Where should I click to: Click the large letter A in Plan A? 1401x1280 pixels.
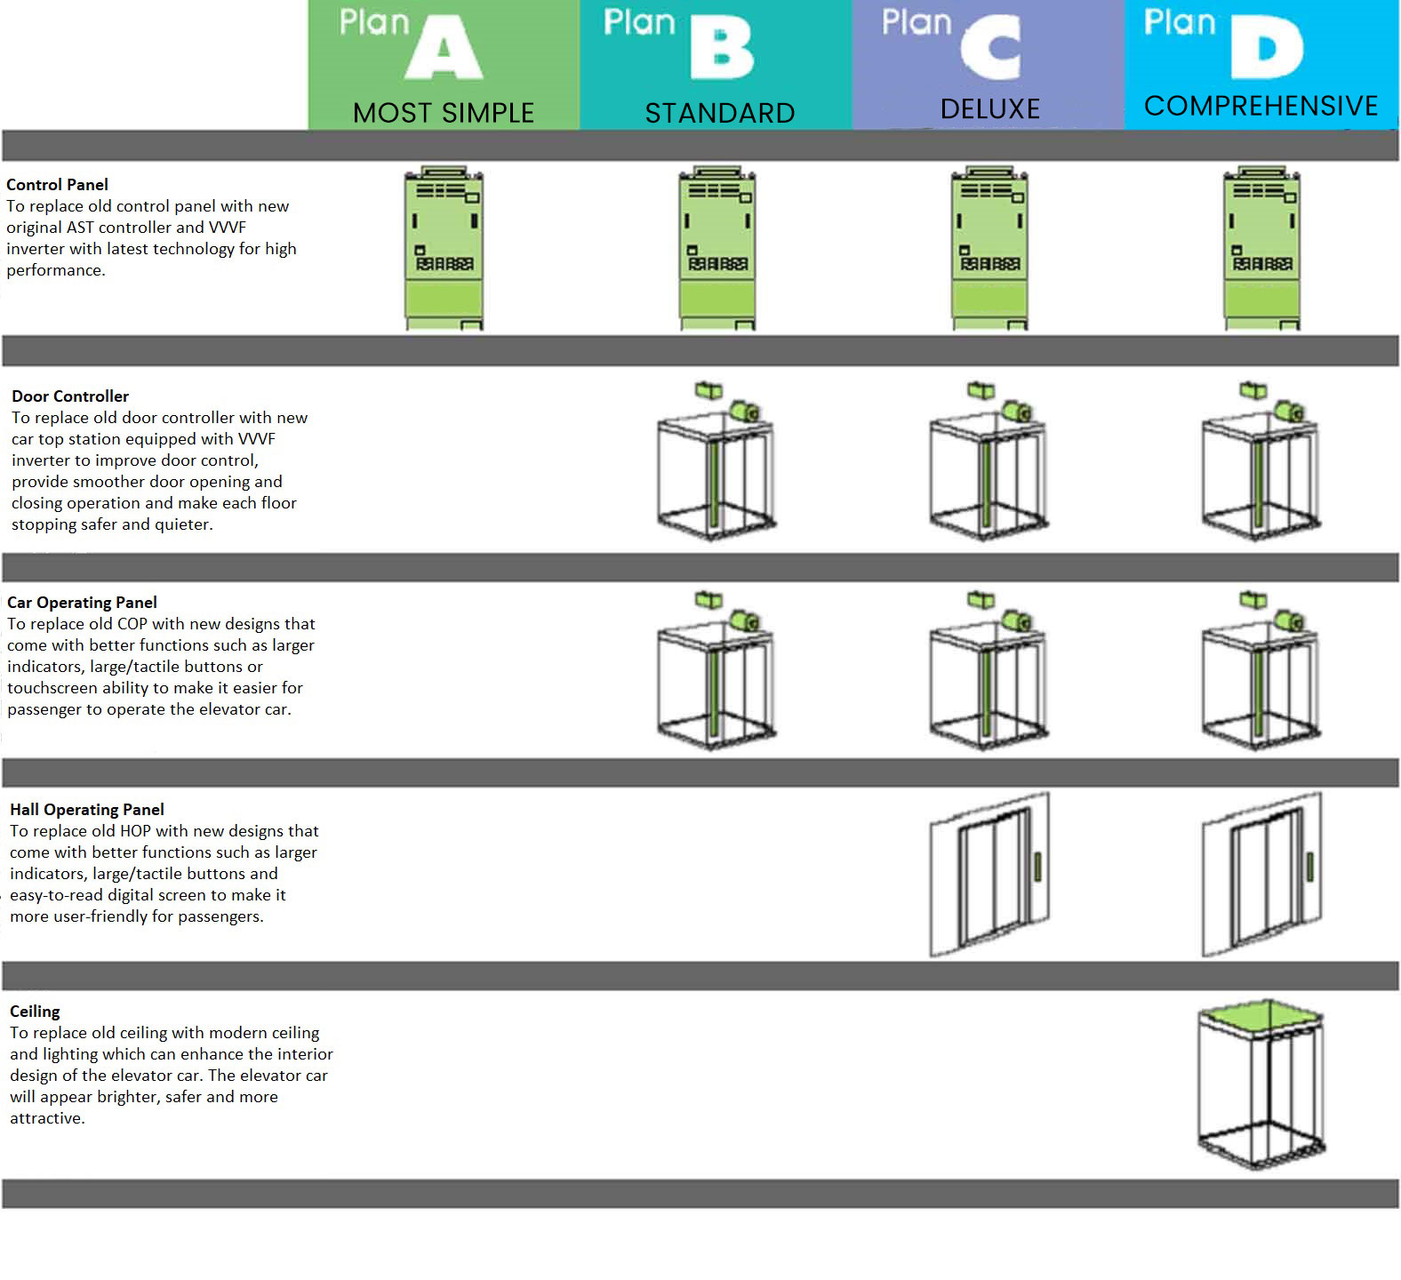444,50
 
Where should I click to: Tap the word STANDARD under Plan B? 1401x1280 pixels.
719,113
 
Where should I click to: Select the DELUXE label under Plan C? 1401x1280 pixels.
989,108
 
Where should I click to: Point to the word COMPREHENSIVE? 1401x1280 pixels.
1260,106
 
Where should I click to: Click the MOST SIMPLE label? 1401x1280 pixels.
443,113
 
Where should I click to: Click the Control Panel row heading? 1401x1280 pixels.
58,185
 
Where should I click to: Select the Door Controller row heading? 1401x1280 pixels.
70,396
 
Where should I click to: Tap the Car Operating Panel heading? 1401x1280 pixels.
82,603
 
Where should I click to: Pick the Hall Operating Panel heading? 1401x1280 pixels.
87,810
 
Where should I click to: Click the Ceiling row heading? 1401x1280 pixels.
35,1012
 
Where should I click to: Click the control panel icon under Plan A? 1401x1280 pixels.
444,249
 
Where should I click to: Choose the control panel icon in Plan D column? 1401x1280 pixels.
1261,249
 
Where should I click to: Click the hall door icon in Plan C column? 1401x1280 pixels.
989,876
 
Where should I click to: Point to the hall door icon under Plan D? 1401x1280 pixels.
1261,876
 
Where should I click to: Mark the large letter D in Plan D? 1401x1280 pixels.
1267,50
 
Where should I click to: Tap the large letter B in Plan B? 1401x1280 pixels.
722,50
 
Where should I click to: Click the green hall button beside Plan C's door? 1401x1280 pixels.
1037,867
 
